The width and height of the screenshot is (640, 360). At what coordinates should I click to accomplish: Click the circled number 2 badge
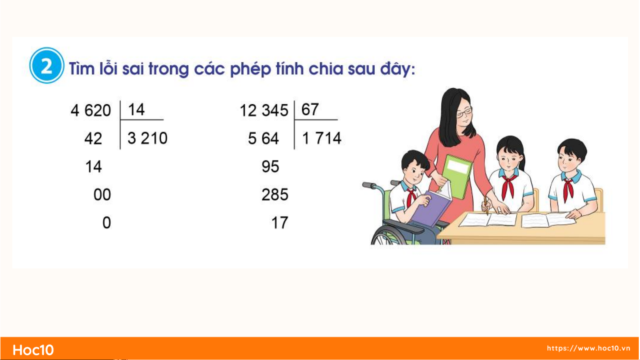coord(46,65)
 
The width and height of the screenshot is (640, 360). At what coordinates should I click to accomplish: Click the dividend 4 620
coord(91,110)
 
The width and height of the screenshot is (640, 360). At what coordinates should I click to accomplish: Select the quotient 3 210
coord(148,138)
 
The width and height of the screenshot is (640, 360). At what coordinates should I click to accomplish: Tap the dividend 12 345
coord(264,110)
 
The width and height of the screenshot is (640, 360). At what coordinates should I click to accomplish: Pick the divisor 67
coord(310,110)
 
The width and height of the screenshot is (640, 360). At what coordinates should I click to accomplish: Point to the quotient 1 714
coord(321,138)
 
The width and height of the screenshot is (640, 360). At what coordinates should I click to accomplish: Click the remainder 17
coord(280,223)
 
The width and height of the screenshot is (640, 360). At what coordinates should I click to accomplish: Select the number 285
coord(275,194)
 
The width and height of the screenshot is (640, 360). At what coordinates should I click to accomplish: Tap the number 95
coord(270,167)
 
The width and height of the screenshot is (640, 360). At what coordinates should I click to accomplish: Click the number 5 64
coord(263,138)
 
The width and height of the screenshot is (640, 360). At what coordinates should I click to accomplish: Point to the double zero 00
coord(102,194)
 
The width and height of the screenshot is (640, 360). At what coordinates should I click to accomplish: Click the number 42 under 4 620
coord(93,138)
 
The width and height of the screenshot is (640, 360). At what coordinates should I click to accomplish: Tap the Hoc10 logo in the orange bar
coord(33,350)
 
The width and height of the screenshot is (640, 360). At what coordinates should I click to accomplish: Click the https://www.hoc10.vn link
coord(588,348)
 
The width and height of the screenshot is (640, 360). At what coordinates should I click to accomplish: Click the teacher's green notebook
coord(457,177)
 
